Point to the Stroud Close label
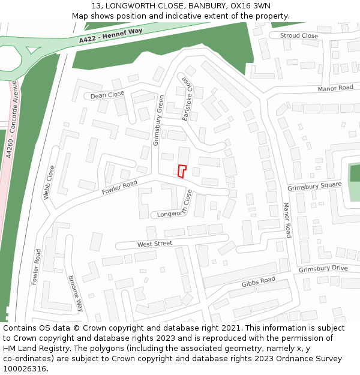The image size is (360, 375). [x=299, y=36]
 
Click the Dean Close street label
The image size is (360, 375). [x=107, y=95]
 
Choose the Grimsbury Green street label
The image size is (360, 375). [x=159, y=121]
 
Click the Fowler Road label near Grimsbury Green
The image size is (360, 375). [x=119, y=187]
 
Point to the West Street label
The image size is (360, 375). [x=155, y=244]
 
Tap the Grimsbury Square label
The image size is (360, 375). [x=314, y=187]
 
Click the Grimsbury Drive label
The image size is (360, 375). [x=323, y=268]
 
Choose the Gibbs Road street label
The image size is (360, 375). [x=259, y=282]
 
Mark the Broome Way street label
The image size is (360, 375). [x=76, y=293]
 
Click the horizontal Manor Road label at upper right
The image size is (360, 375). [x=335, y=88]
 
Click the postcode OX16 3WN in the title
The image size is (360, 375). [x=250, y=6]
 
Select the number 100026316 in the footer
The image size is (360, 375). [x=24, y=369]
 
